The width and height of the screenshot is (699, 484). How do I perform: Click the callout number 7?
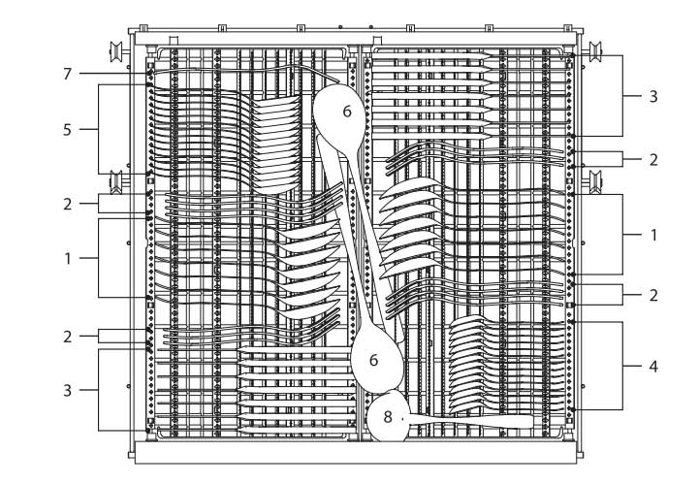[x=67, y=74]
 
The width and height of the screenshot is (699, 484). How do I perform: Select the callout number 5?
[x=67, y=130]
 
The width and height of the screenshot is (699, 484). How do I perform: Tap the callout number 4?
[x=653, y=367]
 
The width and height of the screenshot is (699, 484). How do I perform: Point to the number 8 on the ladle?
[x=388, y=417]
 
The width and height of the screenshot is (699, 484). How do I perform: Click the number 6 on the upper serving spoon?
[x=347, y=112]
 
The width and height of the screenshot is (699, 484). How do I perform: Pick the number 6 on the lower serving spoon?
[x=373, y=360]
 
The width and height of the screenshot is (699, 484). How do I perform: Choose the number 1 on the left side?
[x=67, y=259]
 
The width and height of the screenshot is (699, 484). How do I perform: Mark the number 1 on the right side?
[x=653, y=235]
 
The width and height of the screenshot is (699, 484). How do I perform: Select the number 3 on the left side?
[x=67, y=391]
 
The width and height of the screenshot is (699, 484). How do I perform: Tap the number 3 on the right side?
[x=653, y=96]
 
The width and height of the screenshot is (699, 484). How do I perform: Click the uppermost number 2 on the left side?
[x=67, y=205]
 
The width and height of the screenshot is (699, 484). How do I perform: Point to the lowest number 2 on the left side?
[x=67, y=337]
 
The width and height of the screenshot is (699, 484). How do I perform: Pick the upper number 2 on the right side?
[x=653, y=160]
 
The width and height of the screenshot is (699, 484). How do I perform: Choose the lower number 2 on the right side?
[x=653, y=295]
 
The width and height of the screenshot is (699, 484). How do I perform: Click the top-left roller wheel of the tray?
[x=116, y=51]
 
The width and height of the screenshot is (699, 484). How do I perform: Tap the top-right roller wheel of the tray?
[x=595, y=51]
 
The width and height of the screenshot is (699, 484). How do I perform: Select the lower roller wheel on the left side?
[x=116, y=181]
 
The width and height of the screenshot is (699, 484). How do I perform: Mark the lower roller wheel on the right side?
[x=595, y=181]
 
